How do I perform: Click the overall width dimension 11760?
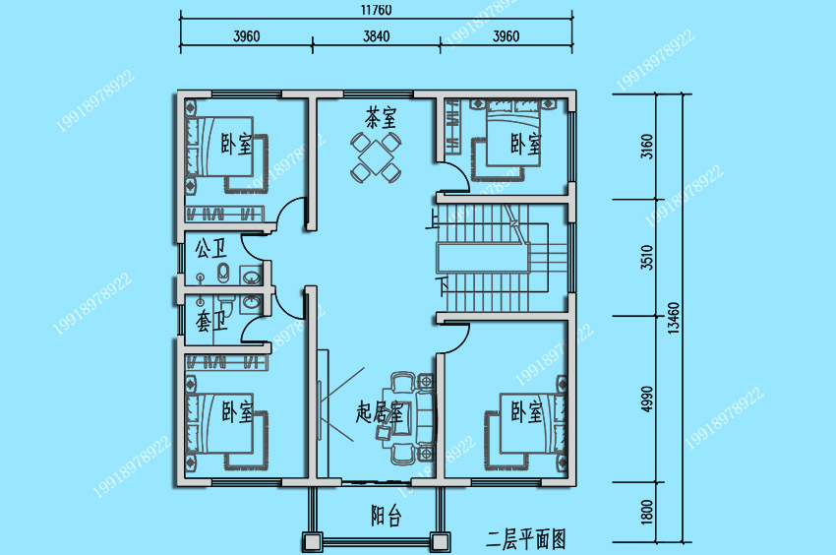click(376, 10)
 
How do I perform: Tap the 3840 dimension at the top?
click(377, 36)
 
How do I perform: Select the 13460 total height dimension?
click(674, 318)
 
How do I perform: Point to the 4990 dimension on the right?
click(647, 400)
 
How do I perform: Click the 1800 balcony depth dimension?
click(647, 512)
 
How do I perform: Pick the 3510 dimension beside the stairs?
click(647, 257)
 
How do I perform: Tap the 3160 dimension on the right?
click(647, 147)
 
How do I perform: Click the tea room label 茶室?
click(381, 117)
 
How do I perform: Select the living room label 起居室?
click(380, 412)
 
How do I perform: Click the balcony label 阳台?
click(386, 516)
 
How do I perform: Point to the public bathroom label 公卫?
click(210, 248)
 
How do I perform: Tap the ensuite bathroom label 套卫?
click(211, 321)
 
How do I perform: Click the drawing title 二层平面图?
click(526, 539)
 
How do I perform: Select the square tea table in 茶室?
click(376, 156)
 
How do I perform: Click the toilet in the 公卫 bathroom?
click(223, 273)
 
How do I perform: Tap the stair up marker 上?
click(433, 218)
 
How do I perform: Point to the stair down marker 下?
click(442, 285)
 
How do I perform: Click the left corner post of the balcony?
click(312, 542)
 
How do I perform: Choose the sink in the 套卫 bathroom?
click(251, 302)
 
